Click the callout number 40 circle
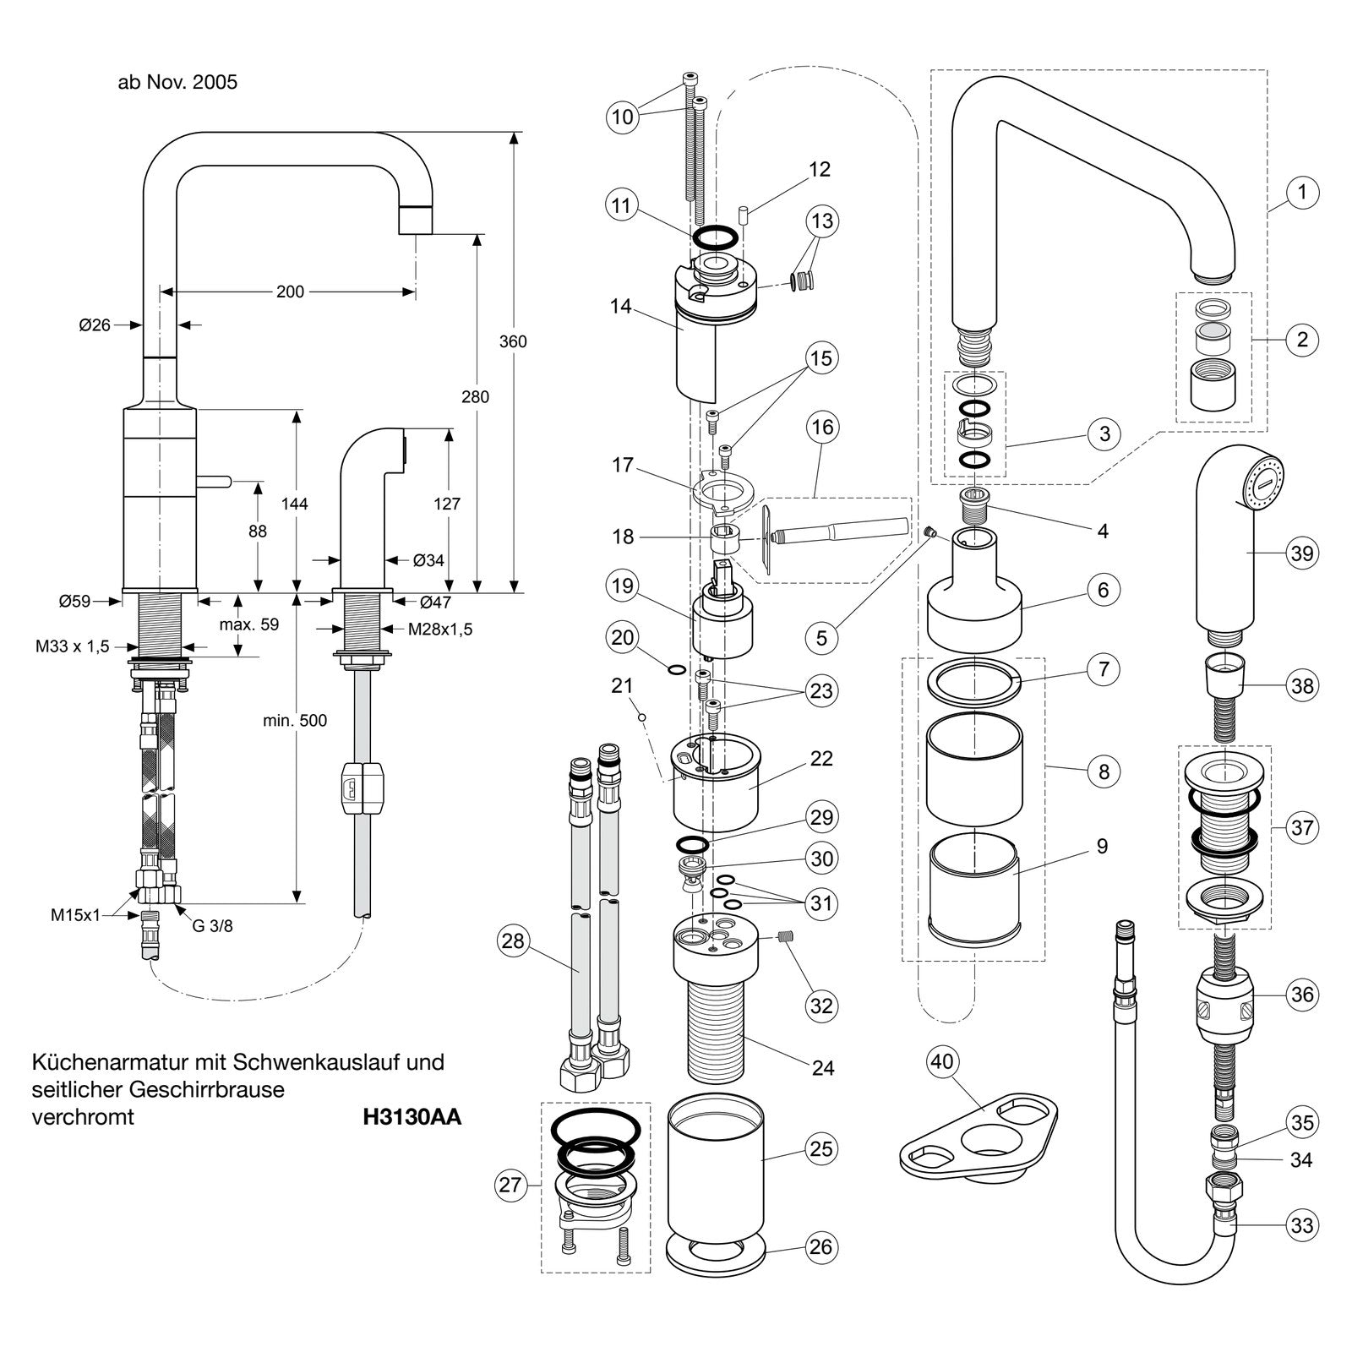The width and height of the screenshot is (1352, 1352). point(942,1060)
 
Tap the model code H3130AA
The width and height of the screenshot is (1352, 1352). point(412,1117)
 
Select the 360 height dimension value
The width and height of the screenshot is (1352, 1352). point(513,341)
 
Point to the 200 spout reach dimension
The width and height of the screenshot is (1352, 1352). point(290,292)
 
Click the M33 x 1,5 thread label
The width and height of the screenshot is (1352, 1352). point(73,646)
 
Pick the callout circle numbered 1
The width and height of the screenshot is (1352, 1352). point(1302,193)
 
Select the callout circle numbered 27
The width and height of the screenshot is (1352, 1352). point(510,1185)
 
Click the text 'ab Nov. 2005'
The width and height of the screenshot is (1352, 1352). point(177,82)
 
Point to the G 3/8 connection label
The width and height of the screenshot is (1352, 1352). point(212,925)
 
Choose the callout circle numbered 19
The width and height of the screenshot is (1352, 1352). point(623,586)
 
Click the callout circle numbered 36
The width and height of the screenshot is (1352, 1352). point(1302,994)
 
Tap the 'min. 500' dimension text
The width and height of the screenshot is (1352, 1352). point(295,721)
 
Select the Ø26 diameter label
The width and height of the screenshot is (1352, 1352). point(95,324)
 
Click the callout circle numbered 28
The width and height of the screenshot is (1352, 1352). point(513,940)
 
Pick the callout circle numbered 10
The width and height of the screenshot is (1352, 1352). point(623,117)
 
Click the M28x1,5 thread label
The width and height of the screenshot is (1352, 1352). point(440,630)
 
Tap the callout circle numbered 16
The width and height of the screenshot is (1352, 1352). point(822,428)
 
